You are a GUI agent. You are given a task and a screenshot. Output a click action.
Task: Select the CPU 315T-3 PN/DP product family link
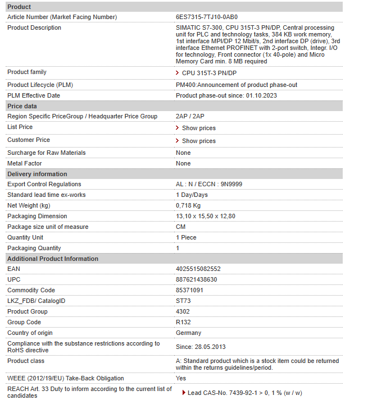[209, 73]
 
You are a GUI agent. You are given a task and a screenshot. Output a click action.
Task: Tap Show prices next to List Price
[198, 128]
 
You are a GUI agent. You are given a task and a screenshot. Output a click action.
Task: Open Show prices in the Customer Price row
[198, 141]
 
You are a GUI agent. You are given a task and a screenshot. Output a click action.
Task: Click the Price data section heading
[22, 106]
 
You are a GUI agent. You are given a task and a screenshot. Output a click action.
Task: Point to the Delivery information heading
[37, 174]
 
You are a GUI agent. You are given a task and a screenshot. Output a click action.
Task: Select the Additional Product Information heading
[53, 259]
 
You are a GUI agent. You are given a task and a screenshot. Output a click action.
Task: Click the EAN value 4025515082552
[198, 269]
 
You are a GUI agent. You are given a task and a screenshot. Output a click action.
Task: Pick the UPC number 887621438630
[197, 280]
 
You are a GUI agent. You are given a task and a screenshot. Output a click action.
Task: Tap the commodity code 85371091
[190, 291]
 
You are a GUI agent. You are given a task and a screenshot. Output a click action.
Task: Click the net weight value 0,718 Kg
[188, 206]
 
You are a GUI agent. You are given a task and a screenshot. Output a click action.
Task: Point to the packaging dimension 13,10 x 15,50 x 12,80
[206, 217]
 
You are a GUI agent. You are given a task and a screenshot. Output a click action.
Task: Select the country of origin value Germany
[188, 333]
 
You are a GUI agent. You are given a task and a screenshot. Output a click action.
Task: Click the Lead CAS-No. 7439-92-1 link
[244, 393]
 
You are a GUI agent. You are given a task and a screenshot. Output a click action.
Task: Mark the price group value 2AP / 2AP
[190, 117]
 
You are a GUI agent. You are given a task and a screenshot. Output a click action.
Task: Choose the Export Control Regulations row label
[44, 185]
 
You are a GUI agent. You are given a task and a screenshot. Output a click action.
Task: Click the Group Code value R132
[184, 323]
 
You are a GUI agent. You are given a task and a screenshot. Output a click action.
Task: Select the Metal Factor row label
[25, 163]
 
